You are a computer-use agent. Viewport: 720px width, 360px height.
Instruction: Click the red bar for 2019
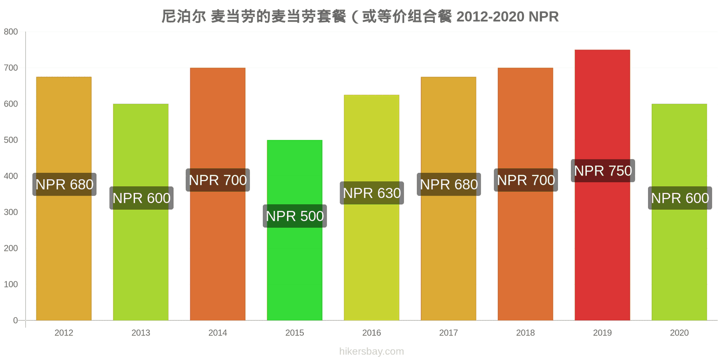coord(603,185)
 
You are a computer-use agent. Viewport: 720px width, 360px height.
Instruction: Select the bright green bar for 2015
coord(294,230)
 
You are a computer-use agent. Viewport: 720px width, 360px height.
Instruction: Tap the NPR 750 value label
coord(603,171)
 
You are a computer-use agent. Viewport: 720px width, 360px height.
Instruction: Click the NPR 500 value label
coord(295,216)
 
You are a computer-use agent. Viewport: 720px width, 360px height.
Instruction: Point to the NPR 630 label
coord(372,193)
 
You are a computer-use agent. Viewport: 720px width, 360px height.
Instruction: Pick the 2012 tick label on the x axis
coord(63,333)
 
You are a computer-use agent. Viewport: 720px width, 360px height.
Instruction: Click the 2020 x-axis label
coord(679,333)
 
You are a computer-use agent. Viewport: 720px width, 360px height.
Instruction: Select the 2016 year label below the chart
coord(372,333)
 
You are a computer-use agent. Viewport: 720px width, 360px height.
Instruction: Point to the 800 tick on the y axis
coord(11,31)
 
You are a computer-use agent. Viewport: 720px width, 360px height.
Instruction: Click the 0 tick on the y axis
coord(15,320)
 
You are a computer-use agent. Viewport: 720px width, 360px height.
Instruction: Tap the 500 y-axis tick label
coord(11,140)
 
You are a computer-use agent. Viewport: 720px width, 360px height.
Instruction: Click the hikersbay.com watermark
coord(372,351)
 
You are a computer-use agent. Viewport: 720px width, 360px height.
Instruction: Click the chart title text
coord(360,16)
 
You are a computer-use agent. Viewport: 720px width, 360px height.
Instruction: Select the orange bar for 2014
coord(218,194)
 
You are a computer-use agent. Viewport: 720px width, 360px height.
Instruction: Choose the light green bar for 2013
coord(141,212)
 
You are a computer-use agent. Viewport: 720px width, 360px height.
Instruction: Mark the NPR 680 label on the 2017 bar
coord(449,184)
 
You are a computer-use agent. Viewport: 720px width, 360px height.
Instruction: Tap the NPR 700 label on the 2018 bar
coord(526,180)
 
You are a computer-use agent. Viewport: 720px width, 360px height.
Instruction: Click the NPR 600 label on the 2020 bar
coord(680,198)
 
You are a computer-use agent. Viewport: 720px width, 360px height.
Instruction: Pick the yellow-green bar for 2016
coord(372,207)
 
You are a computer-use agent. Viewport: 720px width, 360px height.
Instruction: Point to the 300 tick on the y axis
coord(11,212)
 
